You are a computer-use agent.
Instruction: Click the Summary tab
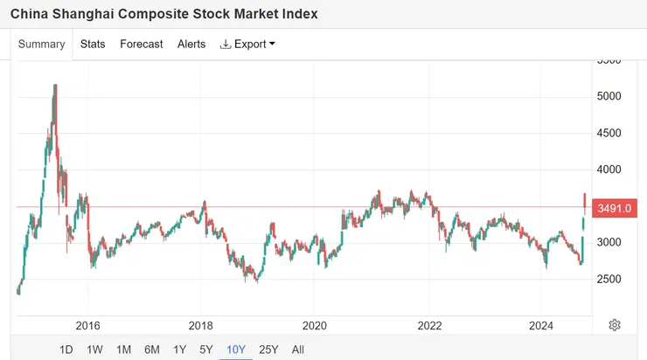coord(42,44)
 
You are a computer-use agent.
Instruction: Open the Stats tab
coord(93,44)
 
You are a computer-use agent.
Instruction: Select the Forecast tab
coord(141,44)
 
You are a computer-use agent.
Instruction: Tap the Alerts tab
coord(191,44)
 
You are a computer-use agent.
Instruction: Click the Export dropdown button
coord(247,44)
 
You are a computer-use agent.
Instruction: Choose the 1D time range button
coord(66,350)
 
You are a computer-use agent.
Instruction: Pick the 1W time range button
coord(94,350)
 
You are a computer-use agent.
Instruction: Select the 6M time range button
coord(152,350)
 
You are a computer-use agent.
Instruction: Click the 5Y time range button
coord(205,350)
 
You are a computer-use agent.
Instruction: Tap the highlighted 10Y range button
coord(236,350)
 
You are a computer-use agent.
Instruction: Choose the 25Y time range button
coord(268,350)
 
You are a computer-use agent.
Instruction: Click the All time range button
coord(298,350)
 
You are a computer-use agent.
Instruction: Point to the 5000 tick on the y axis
coord(609,96)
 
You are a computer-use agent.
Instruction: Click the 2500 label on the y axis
coord(609,279)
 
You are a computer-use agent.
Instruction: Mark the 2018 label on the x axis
coord(200,326)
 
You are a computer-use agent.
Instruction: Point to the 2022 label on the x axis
coord(429,326)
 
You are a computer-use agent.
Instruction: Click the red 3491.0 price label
coord(615,208)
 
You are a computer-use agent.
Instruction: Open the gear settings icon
coord(615,325)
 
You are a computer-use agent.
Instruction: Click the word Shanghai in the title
coord(83,14)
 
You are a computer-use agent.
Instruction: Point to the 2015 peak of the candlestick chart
coord(55,85)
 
